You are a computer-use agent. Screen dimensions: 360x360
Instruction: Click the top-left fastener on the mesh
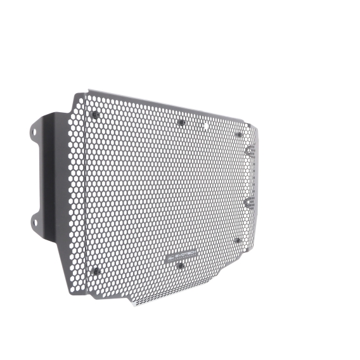(95, 115)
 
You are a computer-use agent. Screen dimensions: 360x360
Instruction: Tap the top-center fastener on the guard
(181, 122)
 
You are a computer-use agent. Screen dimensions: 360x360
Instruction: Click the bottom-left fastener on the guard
(97, 271)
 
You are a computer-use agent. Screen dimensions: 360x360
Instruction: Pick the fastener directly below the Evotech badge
(181, 266)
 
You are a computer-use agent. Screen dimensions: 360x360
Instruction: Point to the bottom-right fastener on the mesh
(238, 240)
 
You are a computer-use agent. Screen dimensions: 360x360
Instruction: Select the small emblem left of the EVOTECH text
(169, 258)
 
